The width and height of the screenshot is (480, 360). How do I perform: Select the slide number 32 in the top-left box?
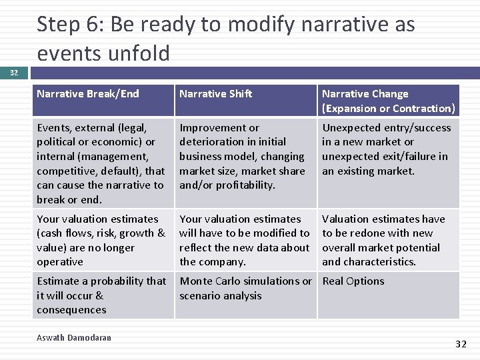click(14, 73)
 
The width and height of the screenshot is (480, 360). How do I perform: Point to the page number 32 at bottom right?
click(461, 344)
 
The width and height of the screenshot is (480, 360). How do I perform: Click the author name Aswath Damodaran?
click(74, 337)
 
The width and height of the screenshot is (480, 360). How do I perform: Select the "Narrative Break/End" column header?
click(88, 94)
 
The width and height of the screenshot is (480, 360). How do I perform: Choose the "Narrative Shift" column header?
click(216, 94)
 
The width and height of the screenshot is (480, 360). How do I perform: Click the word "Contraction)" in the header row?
click(424, 109)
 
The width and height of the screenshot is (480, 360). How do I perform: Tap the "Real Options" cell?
click(353, 281)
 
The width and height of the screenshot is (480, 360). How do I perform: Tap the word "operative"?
click(60, 262)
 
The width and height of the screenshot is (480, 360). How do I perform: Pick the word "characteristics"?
click(382, 262)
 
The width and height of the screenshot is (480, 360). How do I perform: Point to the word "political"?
click(60, 142)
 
